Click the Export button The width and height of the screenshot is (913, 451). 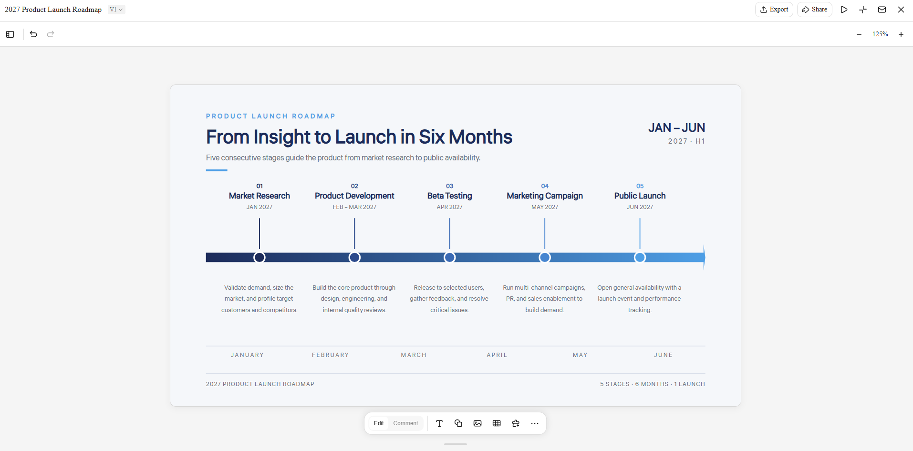tap(774, 10)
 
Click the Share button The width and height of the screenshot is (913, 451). tap(814, 10)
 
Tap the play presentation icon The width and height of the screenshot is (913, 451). tap(844, 10)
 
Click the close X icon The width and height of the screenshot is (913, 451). tap(901, 10)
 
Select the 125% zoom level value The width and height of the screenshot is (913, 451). tap(880, 34)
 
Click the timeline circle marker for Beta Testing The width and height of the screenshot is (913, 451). tap(449, 257)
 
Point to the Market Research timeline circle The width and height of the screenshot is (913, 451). tap(259, 257)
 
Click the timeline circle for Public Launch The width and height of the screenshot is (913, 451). tap(640, 257)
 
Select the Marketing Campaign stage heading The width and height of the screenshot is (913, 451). tap(545, 196)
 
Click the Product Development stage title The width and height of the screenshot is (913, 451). tap(354, 196)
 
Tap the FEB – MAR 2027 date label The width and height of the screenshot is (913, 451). tap(354, 207)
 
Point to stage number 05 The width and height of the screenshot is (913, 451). tap(640, 186)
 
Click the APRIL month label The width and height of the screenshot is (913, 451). tap(497, 355)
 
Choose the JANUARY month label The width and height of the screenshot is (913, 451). tap(247, 355)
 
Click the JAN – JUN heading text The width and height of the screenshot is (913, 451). tap(676, 128)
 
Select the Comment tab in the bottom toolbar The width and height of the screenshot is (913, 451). tap(405, 423)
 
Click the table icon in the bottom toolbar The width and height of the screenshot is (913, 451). tap(497, 423)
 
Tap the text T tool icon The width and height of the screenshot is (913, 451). tap(439, 423)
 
